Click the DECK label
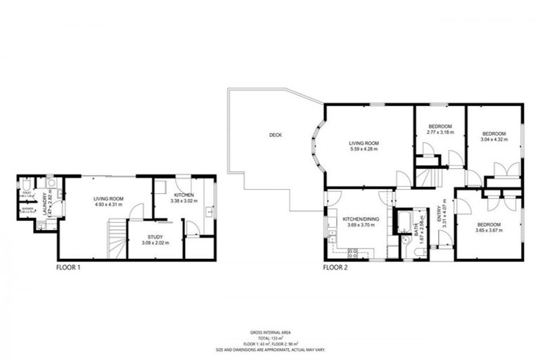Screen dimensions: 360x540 click(x=275, y=135)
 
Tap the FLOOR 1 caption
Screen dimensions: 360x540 click(x=70, y=267)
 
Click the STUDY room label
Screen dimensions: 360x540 click(x=155, y=237)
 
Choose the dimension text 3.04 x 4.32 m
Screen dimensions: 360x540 click(x=494, y=139)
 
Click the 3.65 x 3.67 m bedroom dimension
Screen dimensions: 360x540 click(x=489, y=230)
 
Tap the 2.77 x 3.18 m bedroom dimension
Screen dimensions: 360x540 click(x=440, y=132)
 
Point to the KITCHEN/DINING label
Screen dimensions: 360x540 click(x=361, y=219)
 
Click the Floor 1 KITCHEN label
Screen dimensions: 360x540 click(x=184, y=195)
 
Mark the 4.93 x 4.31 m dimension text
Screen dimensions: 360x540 click(x=108, y=206)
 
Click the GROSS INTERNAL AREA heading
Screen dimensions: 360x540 click(x=271, y=332)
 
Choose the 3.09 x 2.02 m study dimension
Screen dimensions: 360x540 click(x=155, y=243)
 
